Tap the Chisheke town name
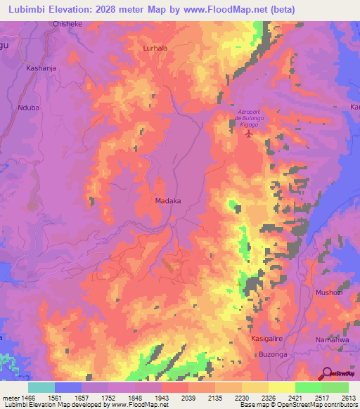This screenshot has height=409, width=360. (x=67, y=23)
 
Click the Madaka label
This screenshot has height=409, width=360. (x=168, y=201)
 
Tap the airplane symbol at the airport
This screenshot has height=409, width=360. (x=247, y=134)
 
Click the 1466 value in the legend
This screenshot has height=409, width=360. (x=27, y=397)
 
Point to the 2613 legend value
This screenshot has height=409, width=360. (x=347, y=397)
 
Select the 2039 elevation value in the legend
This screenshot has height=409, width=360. (x=188, y=397)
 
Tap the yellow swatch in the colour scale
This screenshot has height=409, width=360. (x=281, y=387)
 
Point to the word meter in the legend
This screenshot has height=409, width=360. (x=11, y=397)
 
